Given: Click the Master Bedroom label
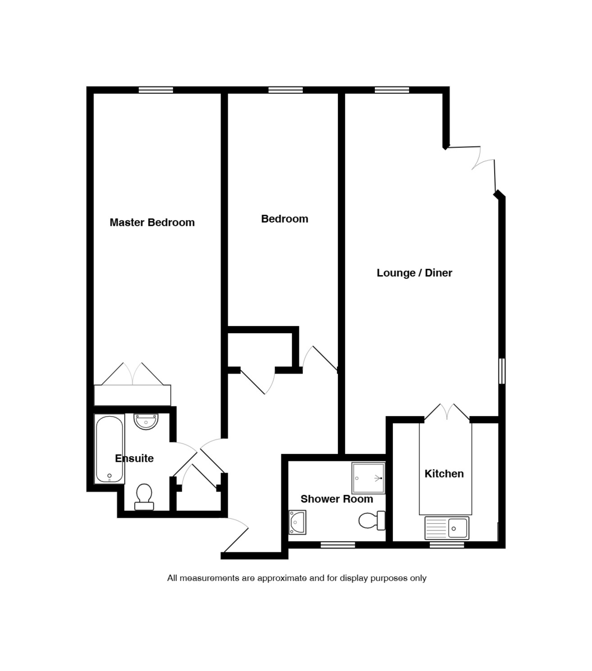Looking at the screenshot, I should (x=152, y=223).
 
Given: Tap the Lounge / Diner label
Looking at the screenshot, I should (x=414, y=273).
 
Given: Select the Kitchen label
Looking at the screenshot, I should (x=444, y=474).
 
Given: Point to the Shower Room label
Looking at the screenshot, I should (x=336, y=499).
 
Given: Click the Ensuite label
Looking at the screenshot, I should (x=134, y=459).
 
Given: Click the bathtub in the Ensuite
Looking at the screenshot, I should (x=109, y=449).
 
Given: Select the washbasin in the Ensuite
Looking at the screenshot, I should (x=146, y=420).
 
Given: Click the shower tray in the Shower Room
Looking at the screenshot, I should (x=368, y=478).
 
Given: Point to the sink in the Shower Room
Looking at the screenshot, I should (x=297, y=522).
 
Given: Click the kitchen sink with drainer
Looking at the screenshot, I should (x=447, y=528).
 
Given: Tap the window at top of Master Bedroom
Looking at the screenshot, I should (x=156, y=90).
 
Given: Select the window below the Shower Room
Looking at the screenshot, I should (x=337, y=545).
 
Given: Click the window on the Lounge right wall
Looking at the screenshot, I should (x=502, y=371).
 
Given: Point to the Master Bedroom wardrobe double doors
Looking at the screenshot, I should (x=133, y=374).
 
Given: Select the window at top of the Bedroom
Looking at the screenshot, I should (x=285, y=90).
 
